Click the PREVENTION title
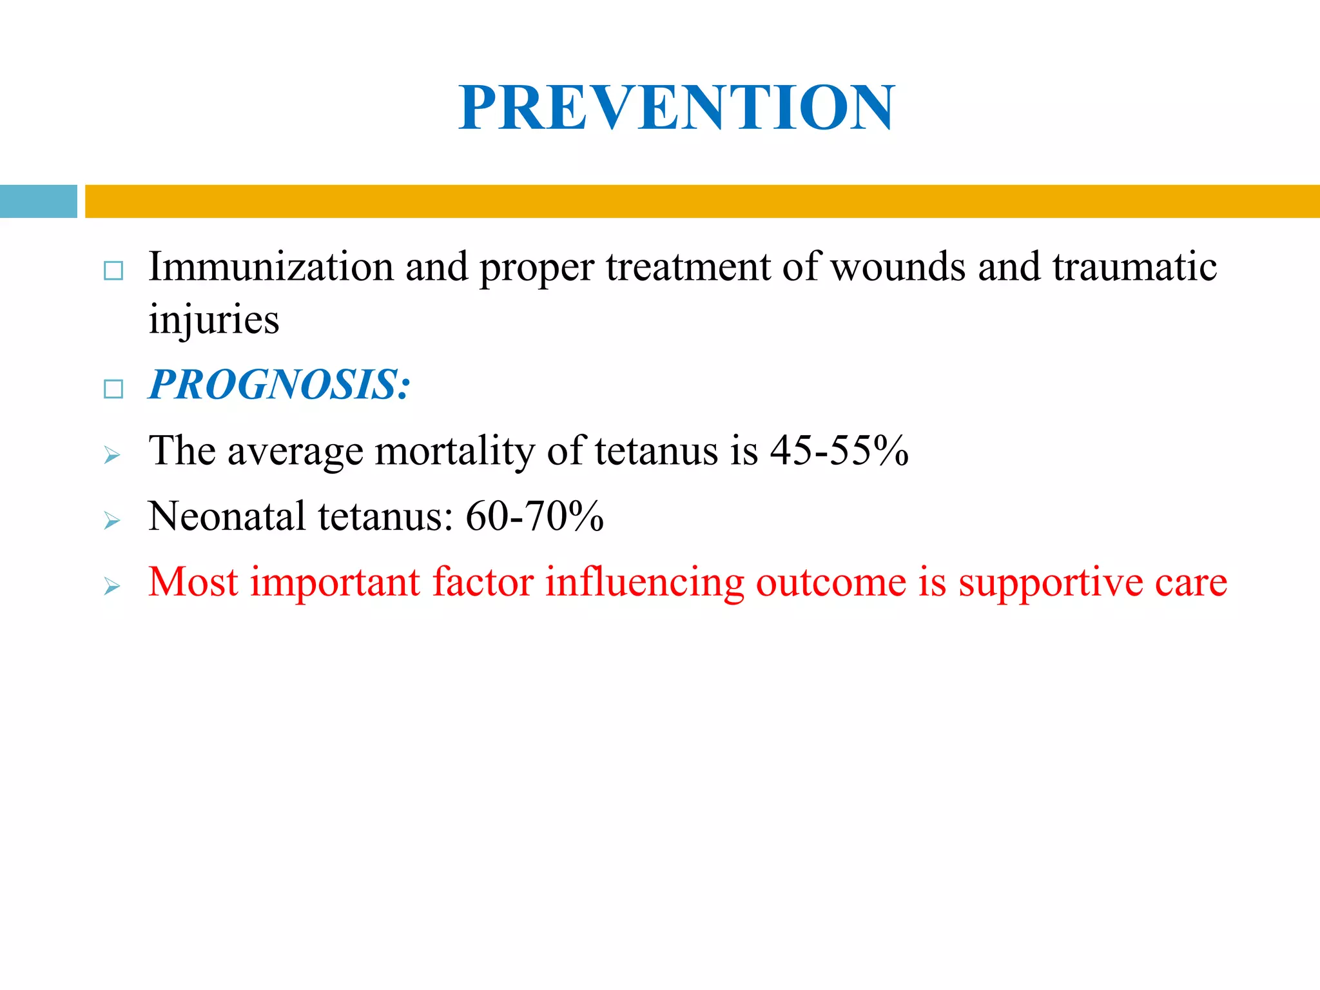676,108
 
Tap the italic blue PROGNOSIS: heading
278,385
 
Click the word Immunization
271,266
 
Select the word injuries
213,319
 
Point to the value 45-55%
839,451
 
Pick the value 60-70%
534,516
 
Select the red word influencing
644,583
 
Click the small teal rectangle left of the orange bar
38,201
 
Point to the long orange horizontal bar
702,201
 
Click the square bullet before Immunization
113,271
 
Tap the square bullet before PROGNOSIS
113,389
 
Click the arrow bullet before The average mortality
112,456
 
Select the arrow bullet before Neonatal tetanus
112,521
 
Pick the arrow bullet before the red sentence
112,587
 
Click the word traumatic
1134,266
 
